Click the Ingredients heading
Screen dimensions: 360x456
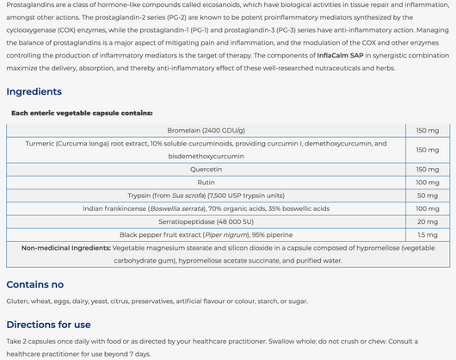tap(34, 91)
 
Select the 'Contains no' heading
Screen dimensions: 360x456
tap(34, 284)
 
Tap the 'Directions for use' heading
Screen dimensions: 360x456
tap(48, 325)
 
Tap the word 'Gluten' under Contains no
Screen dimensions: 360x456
tap(17, 301)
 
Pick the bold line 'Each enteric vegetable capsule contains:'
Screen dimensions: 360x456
tap(82, 112)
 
